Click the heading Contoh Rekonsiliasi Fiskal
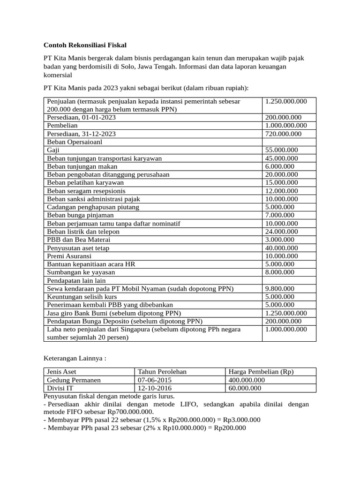click(x=85, y=45)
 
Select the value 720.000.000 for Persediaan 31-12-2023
click(x=283, y=134)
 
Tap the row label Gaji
click(x=53, y=150)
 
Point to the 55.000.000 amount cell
click(x=281, y=150)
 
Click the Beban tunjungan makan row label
click(x=82, y=166)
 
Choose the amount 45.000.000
click(x=281, y=158)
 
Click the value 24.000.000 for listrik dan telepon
click(x=281, y=232)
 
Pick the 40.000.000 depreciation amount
click(x=281, y=248)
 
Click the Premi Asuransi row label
click(x=69, y=256)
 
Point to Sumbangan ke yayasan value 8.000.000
click(x=279, y=272)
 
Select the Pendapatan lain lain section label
click(x=76, y=280)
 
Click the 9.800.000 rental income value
click(x=279, y=288)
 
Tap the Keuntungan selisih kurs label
click(x=82, y=297)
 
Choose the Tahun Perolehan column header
click(x=162, y=372)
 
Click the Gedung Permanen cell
click(x=74, y=380)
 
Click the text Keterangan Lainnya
click(x=75, y=358)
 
